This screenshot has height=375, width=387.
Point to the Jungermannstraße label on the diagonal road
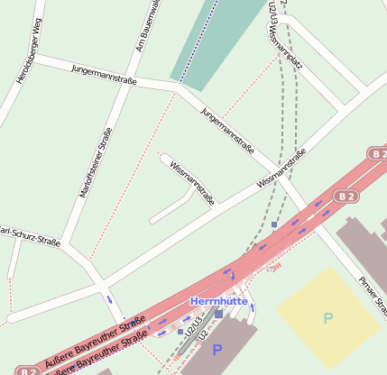coord(227,129)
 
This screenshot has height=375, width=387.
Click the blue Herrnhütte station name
coord(218,301)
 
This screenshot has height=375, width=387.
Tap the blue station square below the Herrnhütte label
coord(219,314)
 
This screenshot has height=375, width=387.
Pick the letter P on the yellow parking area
coord(327,317)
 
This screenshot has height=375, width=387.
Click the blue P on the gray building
coord(216,348)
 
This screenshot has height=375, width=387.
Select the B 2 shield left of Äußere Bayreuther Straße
coord(29,370)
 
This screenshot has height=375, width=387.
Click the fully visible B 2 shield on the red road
coord(346,196)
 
